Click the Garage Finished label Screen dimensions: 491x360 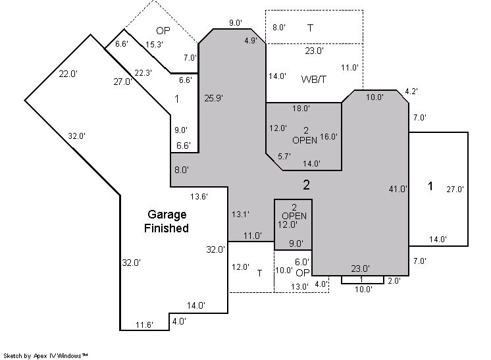(x=167, y=221)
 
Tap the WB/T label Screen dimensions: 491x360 (x=313, y=79)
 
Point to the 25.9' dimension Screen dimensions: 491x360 (x=213, y=98)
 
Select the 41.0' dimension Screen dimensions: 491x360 (x=398, y=189)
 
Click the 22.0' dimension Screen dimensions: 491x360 (x=68, y=74)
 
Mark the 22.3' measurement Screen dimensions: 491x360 (x=143, y=73)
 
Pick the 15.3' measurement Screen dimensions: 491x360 (x=154, y=45)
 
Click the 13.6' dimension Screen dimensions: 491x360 (x=199, y=197)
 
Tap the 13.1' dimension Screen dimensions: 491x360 (x=240, y=215)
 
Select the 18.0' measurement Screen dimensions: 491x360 (x=301, y=109)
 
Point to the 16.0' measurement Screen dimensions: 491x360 (x=328, y=136)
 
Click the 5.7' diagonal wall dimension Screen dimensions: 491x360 (x=284, y=156)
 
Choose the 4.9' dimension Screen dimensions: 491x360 (x=251, y=40)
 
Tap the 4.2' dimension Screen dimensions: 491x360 (x=411, y=91)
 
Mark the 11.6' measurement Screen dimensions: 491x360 (x=144, y=325)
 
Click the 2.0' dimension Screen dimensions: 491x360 (x=394, y=281)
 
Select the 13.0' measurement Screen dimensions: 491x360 (x=299, y=286)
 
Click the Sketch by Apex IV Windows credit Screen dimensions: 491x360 (x=45, y=355)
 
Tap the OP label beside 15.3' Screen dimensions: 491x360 (x=163, y=30)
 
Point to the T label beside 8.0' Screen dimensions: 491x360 (x=310, y=28)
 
